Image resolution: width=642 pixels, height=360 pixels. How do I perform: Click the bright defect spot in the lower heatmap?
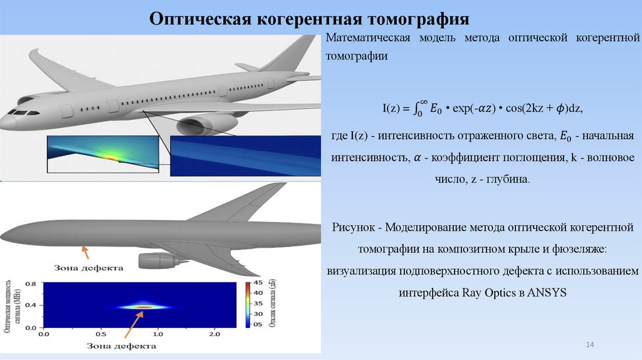pos(144,307)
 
